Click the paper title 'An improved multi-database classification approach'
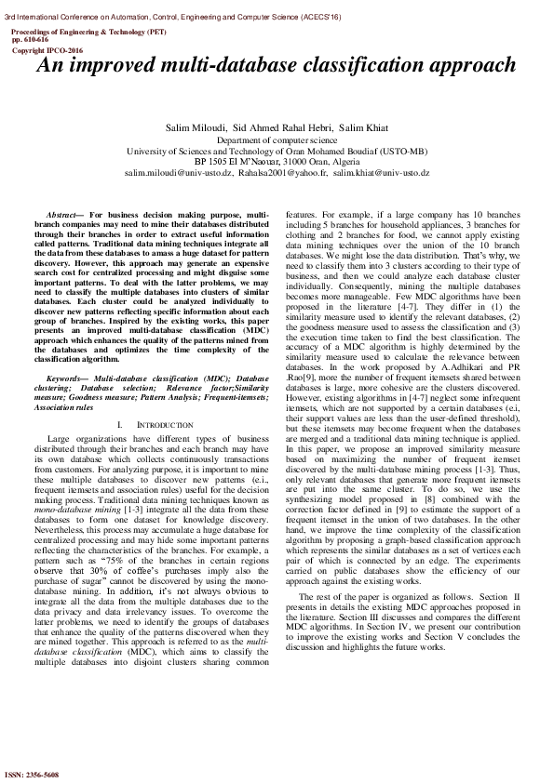(276, 66)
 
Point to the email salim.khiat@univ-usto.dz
(381, 173)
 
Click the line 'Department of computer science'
(277, 139)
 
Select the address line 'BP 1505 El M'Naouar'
(241, 162)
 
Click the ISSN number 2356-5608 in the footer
(33, 774)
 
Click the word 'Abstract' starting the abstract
(64, 215)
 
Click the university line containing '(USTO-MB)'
(277, 151)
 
